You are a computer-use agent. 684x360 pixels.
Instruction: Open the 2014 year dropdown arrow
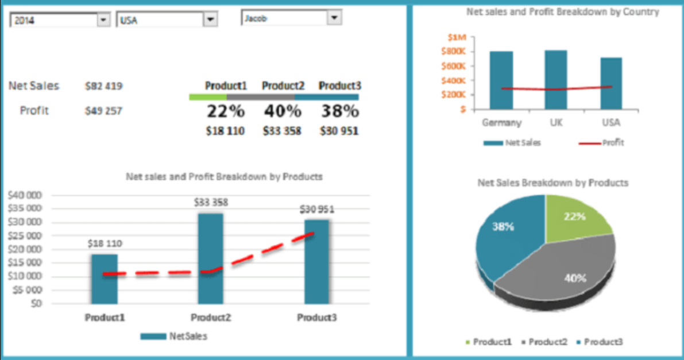click(x=103, y=20)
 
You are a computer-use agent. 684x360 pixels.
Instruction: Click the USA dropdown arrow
click(x=211, y=20)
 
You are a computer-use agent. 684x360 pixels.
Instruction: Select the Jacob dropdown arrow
click(x=334, y=18)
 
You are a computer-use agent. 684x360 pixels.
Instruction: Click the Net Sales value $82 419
click(x=103, y=87)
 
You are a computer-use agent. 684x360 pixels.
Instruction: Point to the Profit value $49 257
click(x=103, y=111)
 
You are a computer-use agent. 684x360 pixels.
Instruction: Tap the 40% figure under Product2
click(x=282, y=111)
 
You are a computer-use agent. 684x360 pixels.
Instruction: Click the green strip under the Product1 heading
click(x=208, y=98)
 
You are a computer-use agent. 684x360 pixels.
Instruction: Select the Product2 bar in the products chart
click(x=210, y=258)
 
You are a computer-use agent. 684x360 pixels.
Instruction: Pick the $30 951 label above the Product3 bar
click(x=316, y=210)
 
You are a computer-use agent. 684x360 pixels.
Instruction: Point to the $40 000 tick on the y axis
click(x=25, y=195)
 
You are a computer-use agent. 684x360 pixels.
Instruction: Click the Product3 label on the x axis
click(x=317, y=317)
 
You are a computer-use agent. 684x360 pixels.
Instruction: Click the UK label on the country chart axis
click(x=555, y=122)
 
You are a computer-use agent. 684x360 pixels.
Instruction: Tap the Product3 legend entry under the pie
click(x=603, y=342)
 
